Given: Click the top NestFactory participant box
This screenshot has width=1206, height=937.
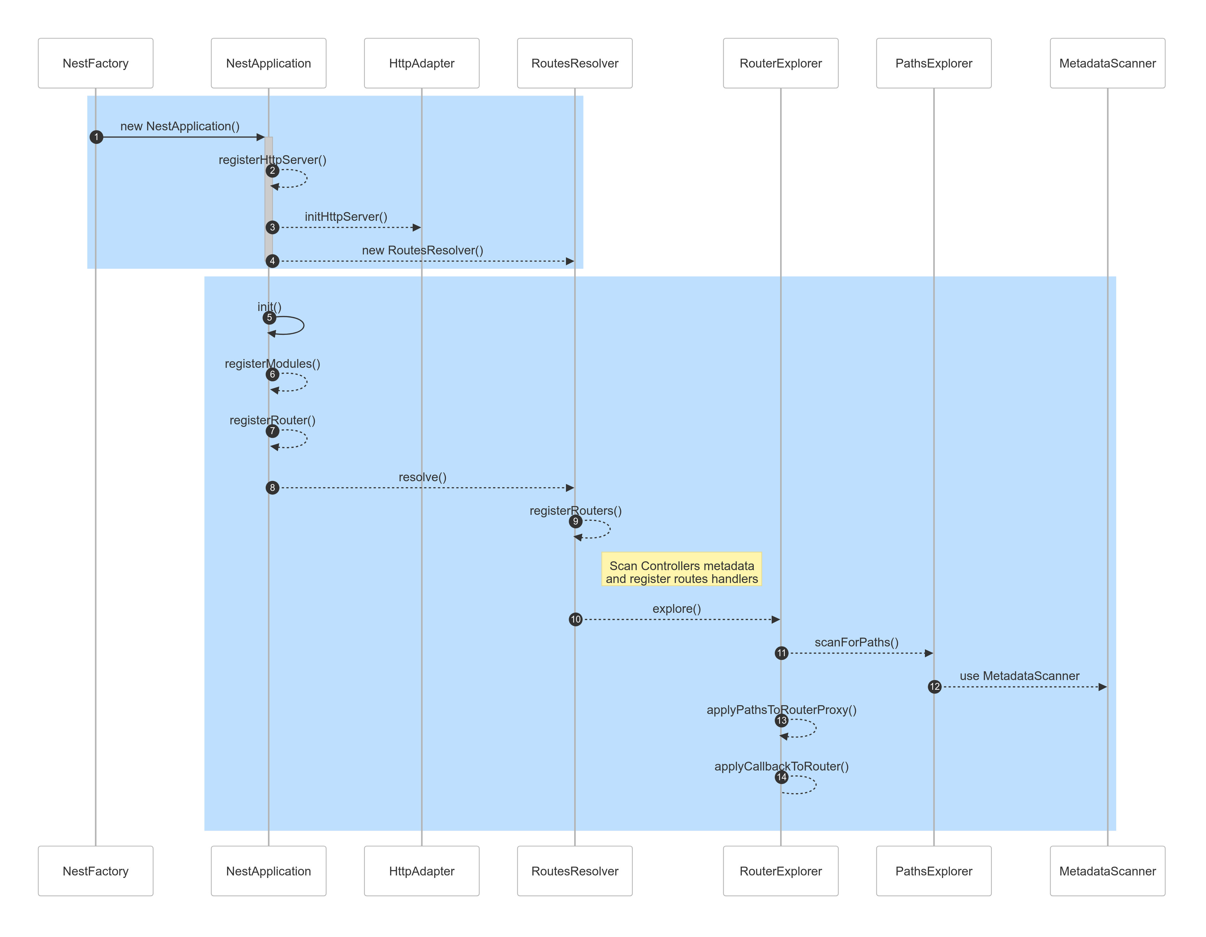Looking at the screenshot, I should (x=95, y=63).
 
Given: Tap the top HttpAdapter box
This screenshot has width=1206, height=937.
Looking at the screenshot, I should (x=421, y=63).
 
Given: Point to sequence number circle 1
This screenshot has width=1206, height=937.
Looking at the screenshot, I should (x=96, y=137).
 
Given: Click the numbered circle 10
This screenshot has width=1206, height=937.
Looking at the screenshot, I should (x=575, y=619).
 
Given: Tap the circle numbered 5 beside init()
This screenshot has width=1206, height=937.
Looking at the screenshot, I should (x=269, y=318).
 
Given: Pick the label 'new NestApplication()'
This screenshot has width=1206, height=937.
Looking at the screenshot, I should (x=180, y=127).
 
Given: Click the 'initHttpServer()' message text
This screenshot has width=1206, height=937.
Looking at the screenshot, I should (x=346, y=216).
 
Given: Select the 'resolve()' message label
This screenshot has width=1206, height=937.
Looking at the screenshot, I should (x=422, y=477).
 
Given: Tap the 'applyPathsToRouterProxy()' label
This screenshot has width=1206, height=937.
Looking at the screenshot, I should (x=781, y=710).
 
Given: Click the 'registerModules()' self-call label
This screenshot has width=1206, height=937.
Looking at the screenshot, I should (x=272, y=363).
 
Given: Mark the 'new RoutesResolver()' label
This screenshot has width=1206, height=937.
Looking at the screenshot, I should (x=422, y=250).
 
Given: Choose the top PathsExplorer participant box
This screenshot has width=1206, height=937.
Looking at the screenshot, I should (x=933, y=63).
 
